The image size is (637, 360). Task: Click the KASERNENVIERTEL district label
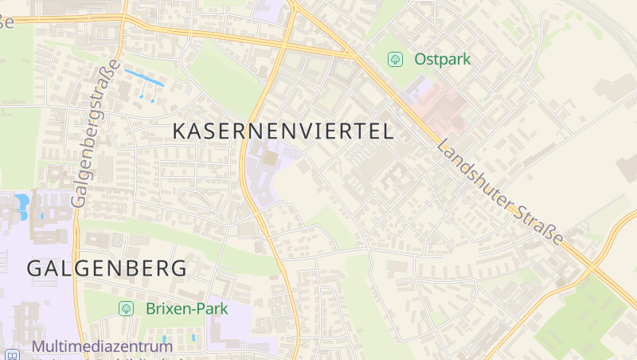coord(283,131)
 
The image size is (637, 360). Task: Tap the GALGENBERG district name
coord(107,268)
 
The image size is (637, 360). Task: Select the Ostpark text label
coord(443,59)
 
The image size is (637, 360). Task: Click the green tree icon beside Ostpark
coord(394,59)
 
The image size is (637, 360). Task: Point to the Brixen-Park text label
coord(187,308)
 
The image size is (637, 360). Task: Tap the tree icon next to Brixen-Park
coord(126,308)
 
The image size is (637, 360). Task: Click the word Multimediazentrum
coord(102,346)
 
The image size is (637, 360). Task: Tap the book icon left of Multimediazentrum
coord(12,355)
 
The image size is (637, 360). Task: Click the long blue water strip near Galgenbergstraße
coord(144,78)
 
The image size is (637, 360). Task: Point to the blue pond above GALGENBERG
coord(21,204)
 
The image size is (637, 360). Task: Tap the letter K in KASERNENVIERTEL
coord(180,131)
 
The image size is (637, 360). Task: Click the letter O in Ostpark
coord(420,59)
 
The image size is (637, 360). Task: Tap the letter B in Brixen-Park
coord(151,308)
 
